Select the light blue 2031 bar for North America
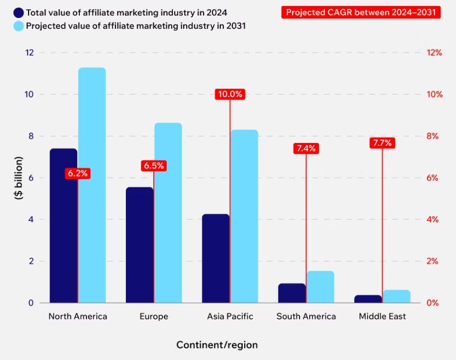click(x=92, y=185)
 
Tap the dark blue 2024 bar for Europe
click(x=139, y=245)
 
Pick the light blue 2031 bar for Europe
click(x=168, y=212)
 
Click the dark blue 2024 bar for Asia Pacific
click(x=216, y=258)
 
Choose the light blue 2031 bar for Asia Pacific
click(x=244, y=216)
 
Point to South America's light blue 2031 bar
click(x=320, y=287)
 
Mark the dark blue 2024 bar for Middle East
click(x=368, y=299)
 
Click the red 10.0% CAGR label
click(x=230, y=94)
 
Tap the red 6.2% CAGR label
click(x=77, y=173)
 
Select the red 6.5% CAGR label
click(x=153, y=165)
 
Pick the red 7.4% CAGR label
click(x=306, y=148)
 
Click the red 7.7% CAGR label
click(x=382, y=143)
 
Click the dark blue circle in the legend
click(x=19, y=12)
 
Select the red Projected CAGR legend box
click(x=361, y=12)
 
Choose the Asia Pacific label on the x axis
click(x=230, y=316)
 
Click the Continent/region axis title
click(x=217, y=345)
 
